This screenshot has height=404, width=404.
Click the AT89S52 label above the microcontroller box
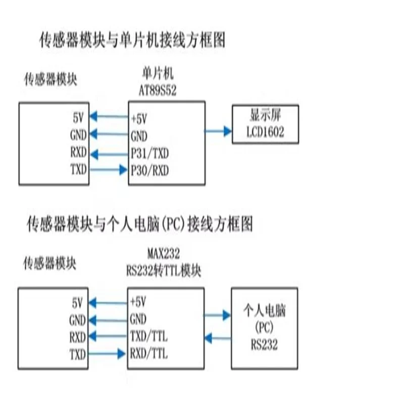pos(158,90)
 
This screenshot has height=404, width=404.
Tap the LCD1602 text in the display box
pos(266,132)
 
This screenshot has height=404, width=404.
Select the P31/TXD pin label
pos(149,154)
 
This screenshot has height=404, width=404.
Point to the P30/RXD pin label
pos(149,170)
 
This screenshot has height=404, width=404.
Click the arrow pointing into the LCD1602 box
pos(218,131)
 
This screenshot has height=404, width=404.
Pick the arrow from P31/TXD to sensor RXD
pos(109,155)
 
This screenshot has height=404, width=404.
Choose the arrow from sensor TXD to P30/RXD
pos(109,170)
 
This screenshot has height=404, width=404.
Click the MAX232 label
pos(163,254)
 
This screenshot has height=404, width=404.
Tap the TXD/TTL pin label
pos(148,336)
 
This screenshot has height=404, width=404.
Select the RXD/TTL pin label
pos(148,353)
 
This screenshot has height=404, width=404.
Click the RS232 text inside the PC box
pos(264,344)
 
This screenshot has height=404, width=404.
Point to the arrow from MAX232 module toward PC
pos(217,315)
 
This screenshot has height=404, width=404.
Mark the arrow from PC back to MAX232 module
pos(218,338)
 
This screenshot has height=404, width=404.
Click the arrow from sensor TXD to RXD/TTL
pos(107,353)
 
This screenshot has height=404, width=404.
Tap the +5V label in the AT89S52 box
pos(139,119)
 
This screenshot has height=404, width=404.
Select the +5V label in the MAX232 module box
pos(138,301)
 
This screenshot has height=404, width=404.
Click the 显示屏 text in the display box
pos(266,115)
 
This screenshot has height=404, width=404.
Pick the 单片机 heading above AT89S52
pos(158,74)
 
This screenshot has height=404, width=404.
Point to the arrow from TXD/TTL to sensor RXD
pos(108,336)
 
